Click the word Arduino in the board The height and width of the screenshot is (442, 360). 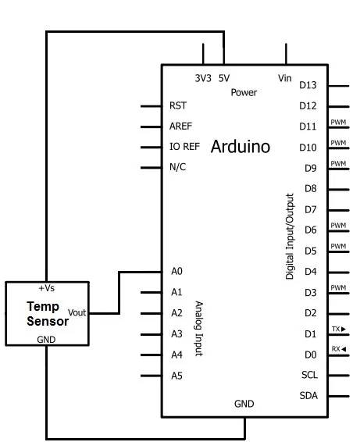point(241,147)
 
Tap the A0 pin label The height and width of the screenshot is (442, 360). point(176,271)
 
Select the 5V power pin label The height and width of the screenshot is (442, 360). point(224,78)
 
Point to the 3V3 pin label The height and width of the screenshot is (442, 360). point(203,78)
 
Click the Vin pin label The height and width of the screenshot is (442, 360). point(285,78)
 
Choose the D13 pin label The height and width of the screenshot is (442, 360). point(308,85)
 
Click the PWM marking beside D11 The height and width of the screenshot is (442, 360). point(338,122)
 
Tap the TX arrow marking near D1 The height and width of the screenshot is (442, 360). point(339,329)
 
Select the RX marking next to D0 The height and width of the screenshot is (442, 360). point(339,349)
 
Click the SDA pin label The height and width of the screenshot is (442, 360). point(308,396)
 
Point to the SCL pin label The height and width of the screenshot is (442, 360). point(309,375)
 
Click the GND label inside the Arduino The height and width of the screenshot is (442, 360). point(244,404)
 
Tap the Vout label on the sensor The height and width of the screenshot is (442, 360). point(77,312)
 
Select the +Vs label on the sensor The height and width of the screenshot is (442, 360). point(47,288)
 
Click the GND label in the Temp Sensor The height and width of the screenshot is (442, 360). point(46,340)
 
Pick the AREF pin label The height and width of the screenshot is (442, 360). point(180,127)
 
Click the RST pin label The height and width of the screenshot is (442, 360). point(178,105)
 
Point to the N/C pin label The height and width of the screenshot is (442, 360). point(177,167)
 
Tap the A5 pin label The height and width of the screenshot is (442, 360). point(176,376)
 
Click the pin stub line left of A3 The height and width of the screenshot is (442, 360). point(151,334)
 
